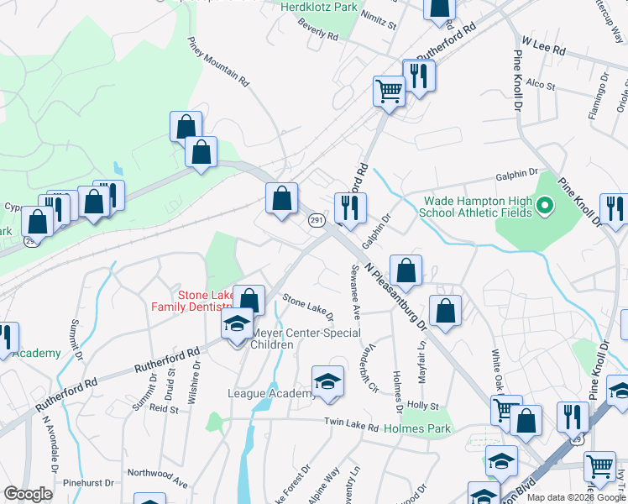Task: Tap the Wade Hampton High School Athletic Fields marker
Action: pyautogui.click(x=544, y=206)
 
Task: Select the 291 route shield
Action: pyautogui.click(x=316, y=220)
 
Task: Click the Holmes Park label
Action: pyautogui.click(x=417, y=428)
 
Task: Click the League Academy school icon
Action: pyautogui.click(x=327, y=382)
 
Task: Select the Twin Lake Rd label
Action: pyautogui.click(x=352, y=426)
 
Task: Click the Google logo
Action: pyautogui.click(x=28, y=494)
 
